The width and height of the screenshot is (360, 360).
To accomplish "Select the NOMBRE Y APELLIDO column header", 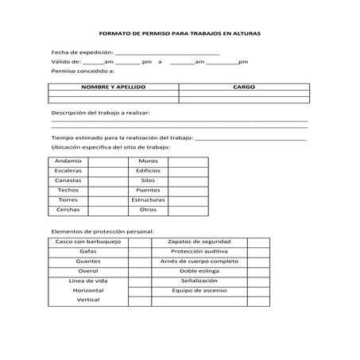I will pyautogui.click(x=114, y=86).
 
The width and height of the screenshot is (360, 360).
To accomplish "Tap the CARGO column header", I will pyautogui.click(x=243, y=86).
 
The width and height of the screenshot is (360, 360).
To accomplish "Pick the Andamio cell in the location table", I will pyautogui.click(x=68, y=161).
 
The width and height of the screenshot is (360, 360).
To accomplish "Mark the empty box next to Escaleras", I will pyautogui.click(x=107, y=171).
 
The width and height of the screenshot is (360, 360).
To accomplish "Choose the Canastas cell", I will pyautogui.click(x=68, y=180).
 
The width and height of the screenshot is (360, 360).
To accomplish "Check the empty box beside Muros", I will pyautogui.click(x=188, y=161).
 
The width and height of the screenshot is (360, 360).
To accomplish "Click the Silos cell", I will pyautogui.click(x=148, y=180).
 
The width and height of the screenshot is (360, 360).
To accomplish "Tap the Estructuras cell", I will pyautogui.click(x=148, y=200).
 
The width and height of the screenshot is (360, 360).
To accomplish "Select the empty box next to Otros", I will pyautogui.click(x=188, y=210).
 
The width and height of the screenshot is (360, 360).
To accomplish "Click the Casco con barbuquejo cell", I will pyautogui.click(x=88, y=241).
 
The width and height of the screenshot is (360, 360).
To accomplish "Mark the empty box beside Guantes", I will pyautogui.click(x=139, y=261).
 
